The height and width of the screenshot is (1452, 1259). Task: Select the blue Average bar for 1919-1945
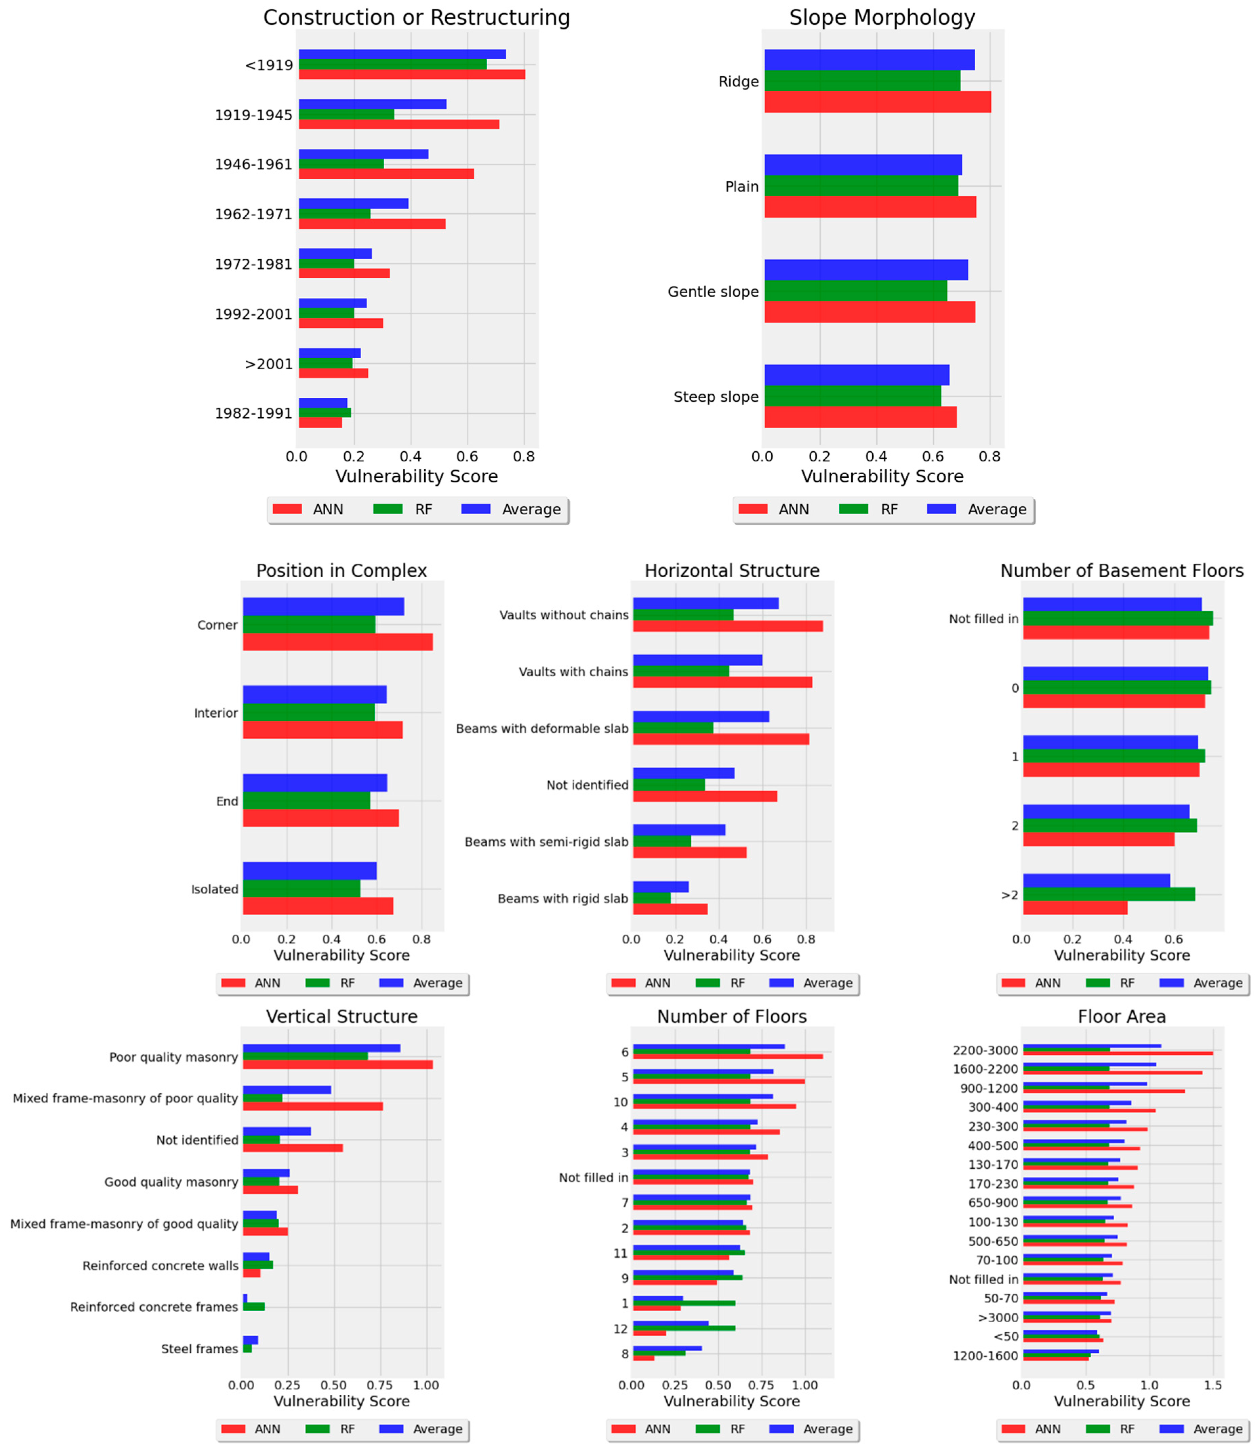click(372, 104)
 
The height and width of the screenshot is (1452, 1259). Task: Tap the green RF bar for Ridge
click(862, 81)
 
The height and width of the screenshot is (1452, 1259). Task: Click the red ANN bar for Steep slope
click(860, 417)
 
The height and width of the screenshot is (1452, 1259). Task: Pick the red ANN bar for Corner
click(337, 642)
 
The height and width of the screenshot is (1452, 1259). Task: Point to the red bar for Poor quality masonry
click(337, 1065)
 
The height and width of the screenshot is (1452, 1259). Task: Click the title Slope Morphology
click(882, 18)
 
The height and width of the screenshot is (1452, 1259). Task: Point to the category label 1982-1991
click(253, 413)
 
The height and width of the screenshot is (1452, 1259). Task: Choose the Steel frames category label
click(200, 1349)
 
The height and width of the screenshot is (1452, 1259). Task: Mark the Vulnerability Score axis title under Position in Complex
click(342, 955)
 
